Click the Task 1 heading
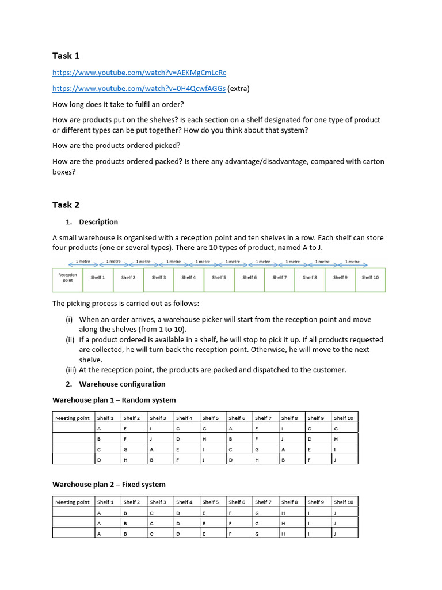66,56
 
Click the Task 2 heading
66,205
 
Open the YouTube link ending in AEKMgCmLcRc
139,73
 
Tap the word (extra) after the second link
239,89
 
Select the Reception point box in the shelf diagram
67,278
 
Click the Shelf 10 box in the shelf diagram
370,278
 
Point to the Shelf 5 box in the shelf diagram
219,278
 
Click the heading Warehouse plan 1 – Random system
114,400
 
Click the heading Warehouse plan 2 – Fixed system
109,485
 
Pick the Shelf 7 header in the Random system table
263,418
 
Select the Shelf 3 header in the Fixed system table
158,502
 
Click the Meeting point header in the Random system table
73,418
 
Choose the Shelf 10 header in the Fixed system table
344,502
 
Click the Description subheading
98,222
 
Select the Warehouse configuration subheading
122,384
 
